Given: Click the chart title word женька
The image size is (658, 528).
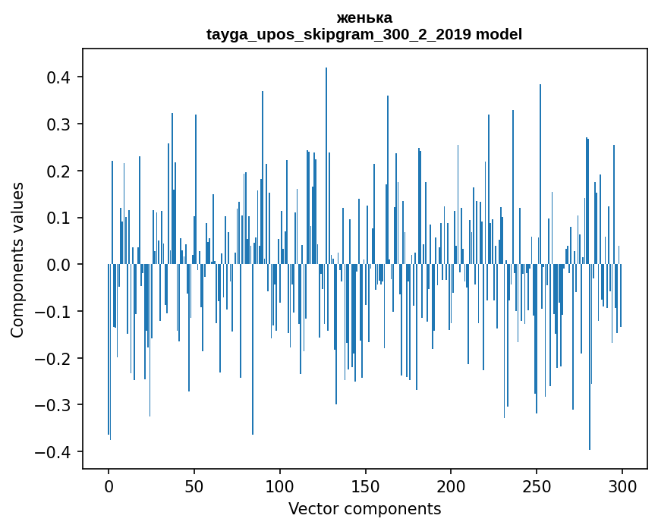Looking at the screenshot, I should pyautogui.click(x=364, y=17).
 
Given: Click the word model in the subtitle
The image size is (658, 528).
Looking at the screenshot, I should pyautogui.click(x=499, y=34).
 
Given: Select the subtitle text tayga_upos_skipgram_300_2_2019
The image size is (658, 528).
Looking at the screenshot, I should pyautogui.click(x=338, y=34).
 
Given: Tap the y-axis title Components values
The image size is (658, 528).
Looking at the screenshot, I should pyautogui.click(x=17, y=259).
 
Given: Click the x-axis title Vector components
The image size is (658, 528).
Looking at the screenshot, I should pyautogui.click(x=364, y=508).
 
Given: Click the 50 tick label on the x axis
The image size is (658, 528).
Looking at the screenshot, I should pyautogui.click(x=194, y=486).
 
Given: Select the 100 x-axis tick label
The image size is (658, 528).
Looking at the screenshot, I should pyautogui.click(x=280, y=486).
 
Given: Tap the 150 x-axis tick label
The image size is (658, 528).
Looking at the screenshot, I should pyautogui.click(x=365, y=486).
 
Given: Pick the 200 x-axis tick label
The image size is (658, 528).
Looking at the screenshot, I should pyautogui.click(x=451, y=486).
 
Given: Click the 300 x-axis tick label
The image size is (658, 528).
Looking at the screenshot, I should pyautogui.click(x=622, y=486).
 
